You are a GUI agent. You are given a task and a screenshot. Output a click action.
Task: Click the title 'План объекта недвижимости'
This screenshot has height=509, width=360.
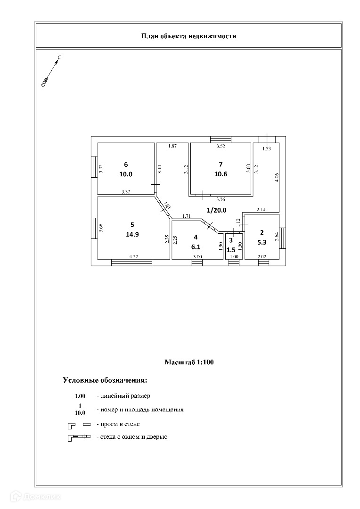pyautogui.click(x=188, y=36)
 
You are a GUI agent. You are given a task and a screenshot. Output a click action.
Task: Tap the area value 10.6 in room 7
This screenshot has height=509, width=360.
pyautogui.click(x=220, y=174)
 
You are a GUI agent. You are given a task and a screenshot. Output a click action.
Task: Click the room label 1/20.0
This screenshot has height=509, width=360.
pyautogui.click(x=217, y=209)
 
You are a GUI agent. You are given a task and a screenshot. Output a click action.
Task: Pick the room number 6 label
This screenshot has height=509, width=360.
pyautogui.click(x=126, y=164)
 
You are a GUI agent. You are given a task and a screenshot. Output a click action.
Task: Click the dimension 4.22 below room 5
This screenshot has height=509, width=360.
pyautogui.click(x=134, y=256)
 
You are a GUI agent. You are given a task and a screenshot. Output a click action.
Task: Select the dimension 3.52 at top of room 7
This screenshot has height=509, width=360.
pyautogui.click(x=221, y=147)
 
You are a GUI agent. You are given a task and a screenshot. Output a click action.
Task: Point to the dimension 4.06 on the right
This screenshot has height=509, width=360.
pyautogui.click(x=277, y=178)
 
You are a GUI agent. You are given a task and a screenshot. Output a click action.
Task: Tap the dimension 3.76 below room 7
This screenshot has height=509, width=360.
pyautogui.click(x=221, y=199)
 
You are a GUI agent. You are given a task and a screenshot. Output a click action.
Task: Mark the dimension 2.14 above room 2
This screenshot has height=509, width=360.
pyautogui.click(x=262, y=209)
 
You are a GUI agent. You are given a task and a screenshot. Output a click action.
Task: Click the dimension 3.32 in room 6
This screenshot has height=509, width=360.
pyautogui.click(x=126, y=191)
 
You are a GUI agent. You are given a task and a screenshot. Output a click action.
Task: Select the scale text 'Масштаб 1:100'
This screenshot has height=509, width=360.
pyautogui.click(x=189, y=362)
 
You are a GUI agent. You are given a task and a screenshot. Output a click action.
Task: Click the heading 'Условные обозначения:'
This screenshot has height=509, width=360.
pyautogui.click(x=105, y=380)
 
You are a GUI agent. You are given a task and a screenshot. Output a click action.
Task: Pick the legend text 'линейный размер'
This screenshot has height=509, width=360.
pyautogui.click(x=123, y=396)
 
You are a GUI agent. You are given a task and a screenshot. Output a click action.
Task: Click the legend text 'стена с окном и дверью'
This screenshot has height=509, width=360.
pyautogui.click(x=131, y=437)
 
